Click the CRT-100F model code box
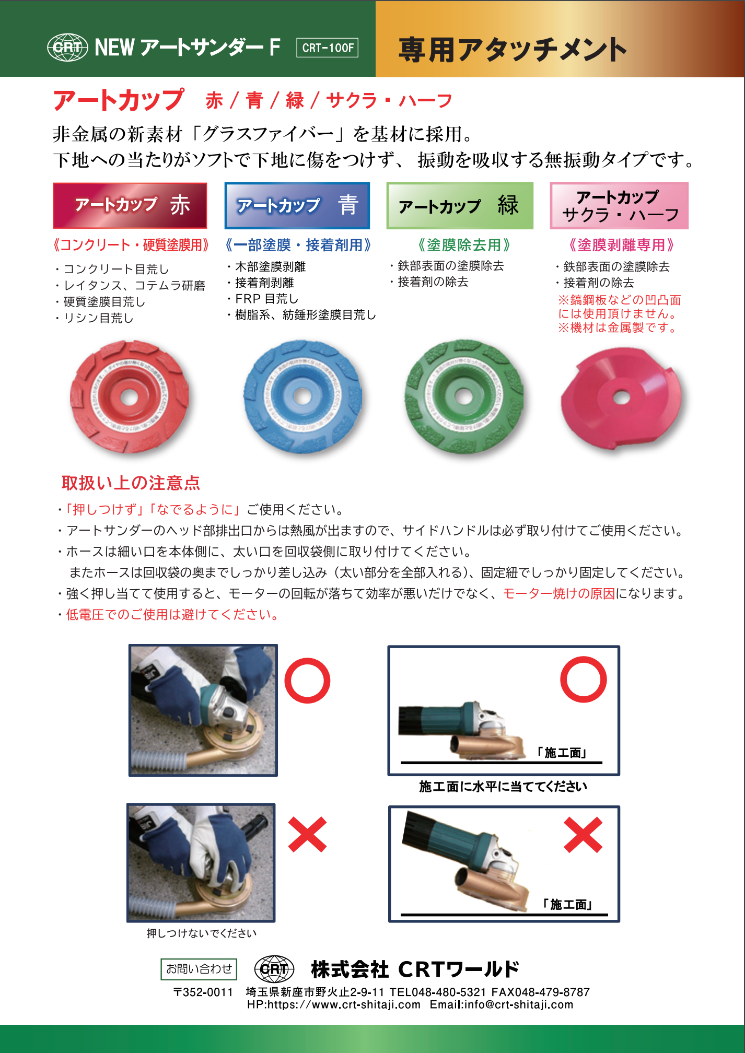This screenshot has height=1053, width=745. coord(327,48)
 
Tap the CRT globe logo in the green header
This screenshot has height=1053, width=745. coord(67,48)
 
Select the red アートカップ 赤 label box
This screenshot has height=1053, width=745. coord(130,205)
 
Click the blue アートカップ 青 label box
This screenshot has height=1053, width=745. coord(297,205)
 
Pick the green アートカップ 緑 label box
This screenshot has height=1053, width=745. coord(460,205)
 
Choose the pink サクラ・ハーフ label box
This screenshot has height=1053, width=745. coord(619,205)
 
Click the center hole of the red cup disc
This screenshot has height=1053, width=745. coord(129,396)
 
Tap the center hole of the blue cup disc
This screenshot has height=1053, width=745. coord(302,396)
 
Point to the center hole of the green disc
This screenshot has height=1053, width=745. coord(464,396)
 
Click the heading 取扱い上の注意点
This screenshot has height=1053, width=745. coord(131,483)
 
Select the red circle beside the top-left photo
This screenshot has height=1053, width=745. coord(307,681)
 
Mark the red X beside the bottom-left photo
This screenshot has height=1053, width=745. coord(307,834)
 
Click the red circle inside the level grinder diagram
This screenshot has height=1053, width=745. coord(584,680)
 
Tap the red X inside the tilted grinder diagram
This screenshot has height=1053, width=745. coord(583,835)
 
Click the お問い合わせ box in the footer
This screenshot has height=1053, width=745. coord(199,969)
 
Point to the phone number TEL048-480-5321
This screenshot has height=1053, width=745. coord(438,992)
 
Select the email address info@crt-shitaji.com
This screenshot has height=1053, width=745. coord(518,1004)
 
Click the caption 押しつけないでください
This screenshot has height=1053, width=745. coord(202,933)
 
